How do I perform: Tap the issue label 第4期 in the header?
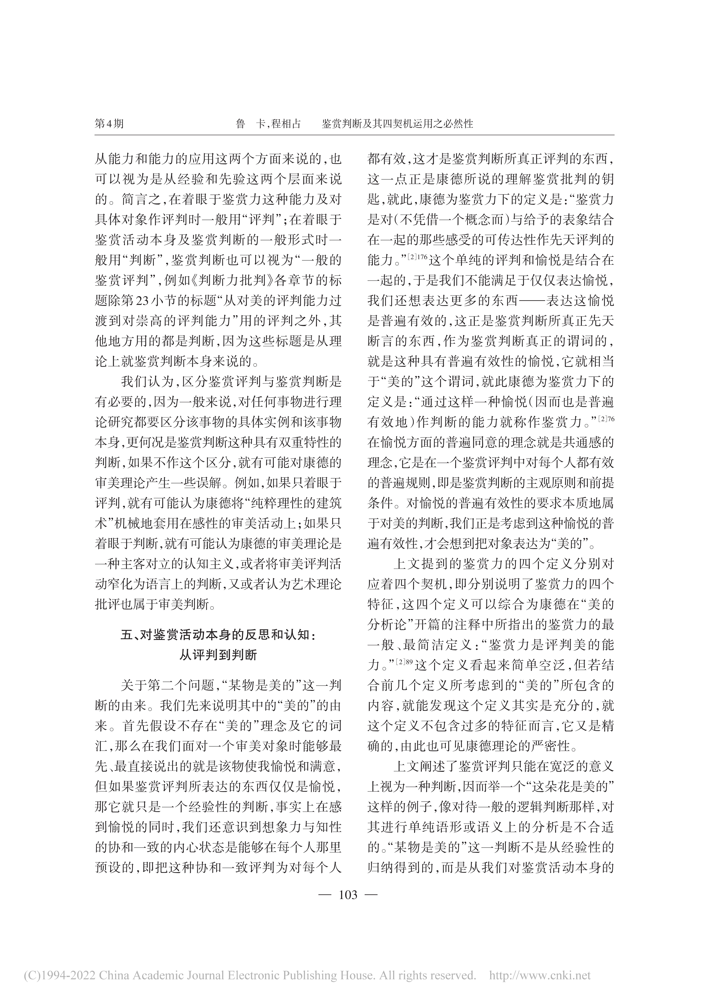coord(109,124)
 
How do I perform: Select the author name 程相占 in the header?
coord(286,124)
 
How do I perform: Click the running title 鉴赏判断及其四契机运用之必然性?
coord(398,124)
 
